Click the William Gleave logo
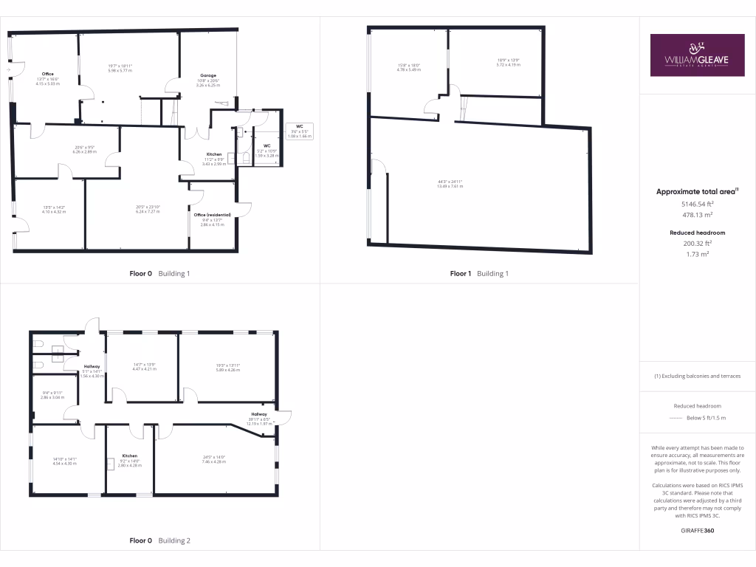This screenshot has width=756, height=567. [x=697, y=55]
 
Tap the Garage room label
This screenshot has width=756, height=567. [x=207, y=75]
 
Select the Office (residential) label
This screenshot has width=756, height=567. [x=212, y=215]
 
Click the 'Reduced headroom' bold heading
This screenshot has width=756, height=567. [x=697, y=233]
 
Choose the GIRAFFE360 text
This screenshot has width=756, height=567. [x=697, y=530]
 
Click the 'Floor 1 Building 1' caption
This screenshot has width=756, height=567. [x=479, y=273]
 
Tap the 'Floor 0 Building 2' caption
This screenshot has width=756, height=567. [x=159, y=540]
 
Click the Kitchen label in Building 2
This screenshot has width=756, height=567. [x=130, y=456]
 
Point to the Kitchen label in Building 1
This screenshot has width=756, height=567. [x=213, y=154]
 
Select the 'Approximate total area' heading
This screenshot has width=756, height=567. [x=696, y=191]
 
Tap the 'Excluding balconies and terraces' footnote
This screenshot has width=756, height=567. [x=697, y=376]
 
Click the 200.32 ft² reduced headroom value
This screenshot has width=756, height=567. [x=697, y=243]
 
